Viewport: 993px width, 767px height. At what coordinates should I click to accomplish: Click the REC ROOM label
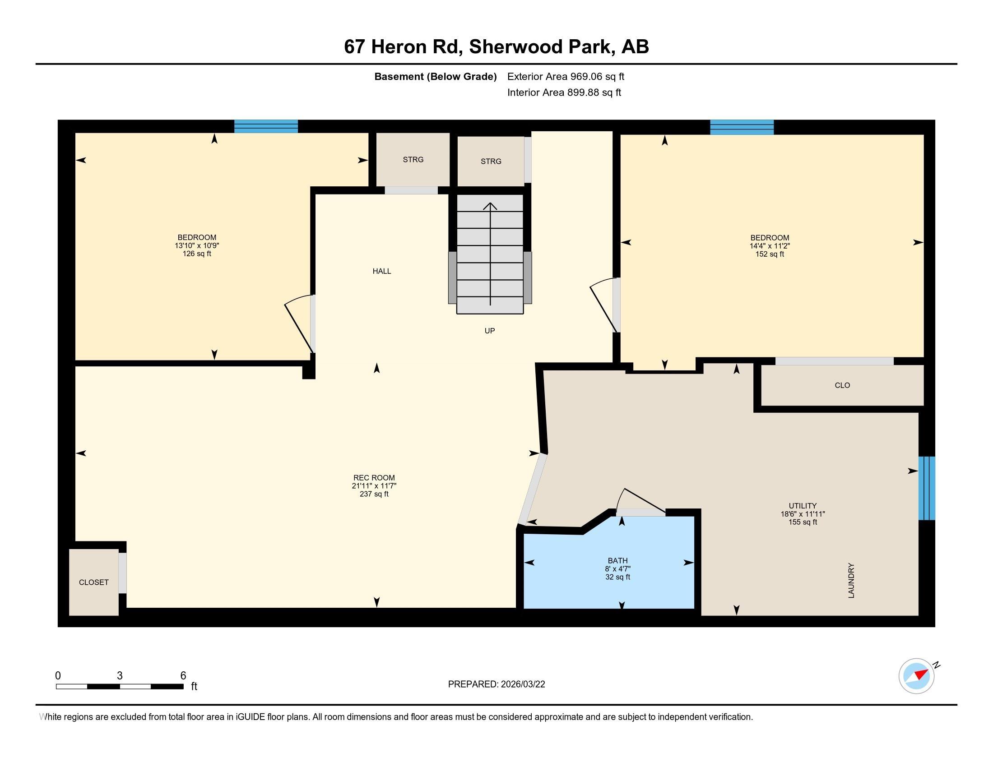(374, 477)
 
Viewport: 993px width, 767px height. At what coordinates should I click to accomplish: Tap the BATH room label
(617, 561)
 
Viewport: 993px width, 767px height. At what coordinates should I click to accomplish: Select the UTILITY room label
(803, 506)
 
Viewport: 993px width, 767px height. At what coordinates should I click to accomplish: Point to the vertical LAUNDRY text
(851, 581)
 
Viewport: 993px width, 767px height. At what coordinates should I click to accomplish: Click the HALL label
(382, 271)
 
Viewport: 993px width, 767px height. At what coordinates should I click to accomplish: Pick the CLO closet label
(843, 385)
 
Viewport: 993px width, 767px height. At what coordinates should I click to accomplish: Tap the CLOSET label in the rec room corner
(94, 582)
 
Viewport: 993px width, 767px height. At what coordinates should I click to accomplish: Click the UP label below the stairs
(490, 331)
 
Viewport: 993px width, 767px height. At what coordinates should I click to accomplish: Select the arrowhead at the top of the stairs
(490, 206)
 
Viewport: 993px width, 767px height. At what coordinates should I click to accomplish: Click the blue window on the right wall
(927, 488)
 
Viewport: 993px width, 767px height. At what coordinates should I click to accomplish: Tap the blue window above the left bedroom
(266, 126)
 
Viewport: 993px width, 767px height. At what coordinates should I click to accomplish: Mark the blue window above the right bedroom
(742, 127)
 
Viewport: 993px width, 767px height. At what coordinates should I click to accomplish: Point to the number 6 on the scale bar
(183, 676)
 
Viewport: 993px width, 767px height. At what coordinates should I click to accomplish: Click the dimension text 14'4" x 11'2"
(770, 246)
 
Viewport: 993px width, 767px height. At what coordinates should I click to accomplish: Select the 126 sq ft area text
(197, 254)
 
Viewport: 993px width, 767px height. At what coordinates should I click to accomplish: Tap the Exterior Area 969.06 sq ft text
(566, 76)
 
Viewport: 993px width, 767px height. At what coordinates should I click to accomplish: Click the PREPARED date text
(496, 684)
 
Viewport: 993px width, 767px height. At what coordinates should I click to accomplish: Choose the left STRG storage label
(413, 159)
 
